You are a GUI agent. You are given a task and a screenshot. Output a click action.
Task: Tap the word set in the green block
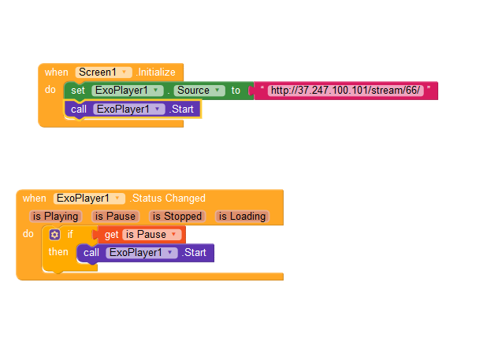tap(78, 91)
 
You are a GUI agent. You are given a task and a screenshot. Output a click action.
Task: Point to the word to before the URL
tap(236, 91)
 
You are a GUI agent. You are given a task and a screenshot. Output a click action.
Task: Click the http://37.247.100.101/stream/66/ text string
tap(345, 91)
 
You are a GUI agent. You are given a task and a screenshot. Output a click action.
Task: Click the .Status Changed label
tap(168, 199)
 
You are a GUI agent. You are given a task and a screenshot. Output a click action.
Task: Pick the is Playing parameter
tap(55, 216)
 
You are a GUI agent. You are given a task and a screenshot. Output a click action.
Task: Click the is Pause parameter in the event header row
tap(115, 216)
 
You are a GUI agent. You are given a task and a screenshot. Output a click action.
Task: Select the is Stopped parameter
tap(177, 216)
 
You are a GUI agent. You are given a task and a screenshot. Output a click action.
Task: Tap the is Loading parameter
tap(242, 216)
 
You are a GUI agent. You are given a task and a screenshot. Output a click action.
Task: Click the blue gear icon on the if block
tap(54, 235)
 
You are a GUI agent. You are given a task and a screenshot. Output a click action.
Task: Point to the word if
tap(69, 235)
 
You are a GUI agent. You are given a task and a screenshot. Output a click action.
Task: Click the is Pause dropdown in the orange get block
tap(151, 235)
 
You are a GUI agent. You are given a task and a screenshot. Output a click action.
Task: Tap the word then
tap(58, 252)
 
